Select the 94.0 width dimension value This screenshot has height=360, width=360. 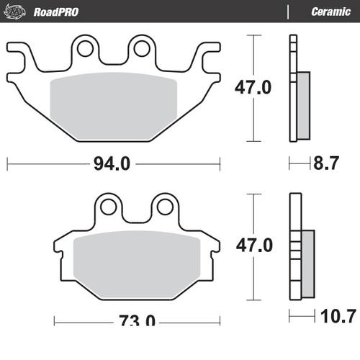pos(111,164)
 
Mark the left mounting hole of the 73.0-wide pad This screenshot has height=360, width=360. pos(109,207)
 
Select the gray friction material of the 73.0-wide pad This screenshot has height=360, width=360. pos(137,259)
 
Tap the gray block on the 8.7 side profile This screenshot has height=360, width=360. pos(302,104)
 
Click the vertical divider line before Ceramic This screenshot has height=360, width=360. pos(287,12)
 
